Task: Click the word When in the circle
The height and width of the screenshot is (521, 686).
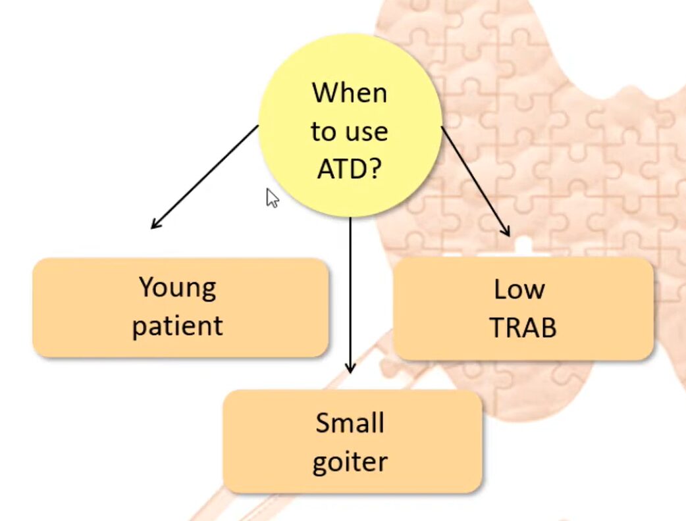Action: point(350,93)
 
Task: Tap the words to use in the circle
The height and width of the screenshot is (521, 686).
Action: point(350,132)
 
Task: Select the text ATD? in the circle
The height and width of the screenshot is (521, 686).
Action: point(350,169)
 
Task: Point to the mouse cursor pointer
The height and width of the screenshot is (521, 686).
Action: point(272,197)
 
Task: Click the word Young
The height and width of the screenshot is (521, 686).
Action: point(178,288)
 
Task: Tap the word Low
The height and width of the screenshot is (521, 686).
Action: point(519,289)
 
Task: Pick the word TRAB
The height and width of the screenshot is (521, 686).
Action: point(523,328)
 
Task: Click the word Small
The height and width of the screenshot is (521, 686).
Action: point(350,422)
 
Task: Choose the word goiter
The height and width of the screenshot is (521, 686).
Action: point(350,461)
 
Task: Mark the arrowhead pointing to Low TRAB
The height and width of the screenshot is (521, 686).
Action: point(506,231)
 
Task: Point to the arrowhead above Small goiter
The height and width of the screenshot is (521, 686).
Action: point(350,368)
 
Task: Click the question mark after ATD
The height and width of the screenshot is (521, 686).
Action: point(373,169)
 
